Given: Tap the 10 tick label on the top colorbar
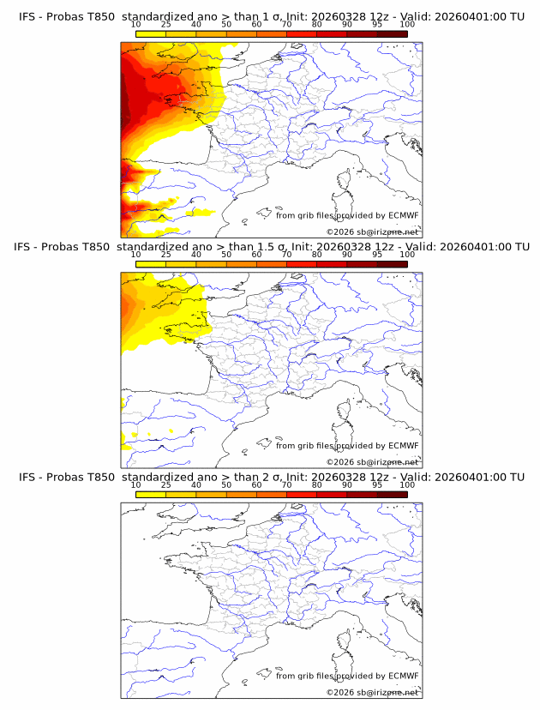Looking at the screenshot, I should tap(136, 25).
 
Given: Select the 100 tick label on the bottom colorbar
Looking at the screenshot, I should tap(407, 484).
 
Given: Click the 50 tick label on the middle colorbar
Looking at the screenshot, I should tap(226, 255).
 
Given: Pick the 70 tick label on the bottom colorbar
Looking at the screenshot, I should tap(286, 484).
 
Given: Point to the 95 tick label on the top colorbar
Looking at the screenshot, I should tap(377, 25).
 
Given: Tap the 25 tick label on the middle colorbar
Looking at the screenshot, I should tap(165, 255).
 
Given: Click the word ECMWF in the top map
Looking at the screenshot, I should tap(403, 215).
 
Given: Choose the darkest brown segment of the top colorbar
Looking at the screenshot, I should tap(392, 34).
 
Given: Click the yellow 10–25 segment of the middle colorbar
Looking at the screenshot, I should tap(151, 264).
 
